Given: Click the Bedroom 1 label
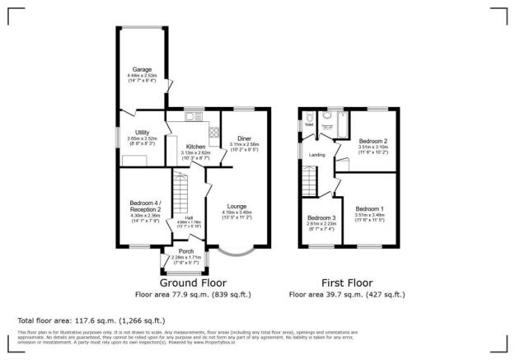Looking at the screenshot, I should pos(369,209).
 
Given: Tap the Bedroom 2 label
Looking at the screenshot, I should pos(372,142).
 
